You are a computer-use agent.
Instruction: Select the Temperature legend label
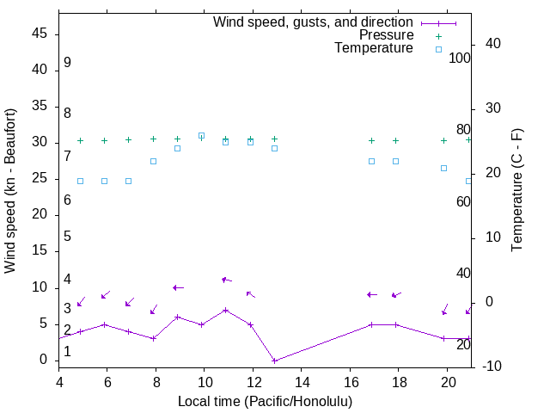(374, 48)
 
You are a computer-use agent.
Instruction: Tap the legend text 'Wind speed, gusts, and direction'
(314, 22)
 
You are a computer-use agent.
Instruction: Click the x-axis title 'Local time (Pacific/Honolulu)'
(265, 401)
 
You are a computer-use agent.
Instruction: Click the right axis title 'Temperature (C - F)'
(516, 191)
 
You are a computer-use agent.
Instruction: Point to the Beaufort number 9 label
(67, 63)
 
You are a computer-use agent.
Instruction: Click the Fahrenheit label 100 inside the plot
(461, 58)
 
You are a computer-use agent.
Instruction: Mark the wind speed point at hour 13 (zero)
(274, 361)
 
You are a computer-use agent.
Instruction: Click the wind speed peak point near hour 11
(225, 310)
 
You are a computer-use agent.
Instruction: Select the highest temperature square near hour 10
(201, 135)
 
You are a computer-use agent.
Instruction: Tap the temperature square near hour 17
(371, 161)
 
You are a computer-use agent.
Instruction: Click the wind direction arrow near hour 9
(178, 287)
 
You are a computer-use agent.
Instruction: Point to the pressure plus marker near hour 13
(274, 139)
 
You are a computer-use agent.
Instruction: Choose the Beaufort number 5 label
(67, 237)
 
